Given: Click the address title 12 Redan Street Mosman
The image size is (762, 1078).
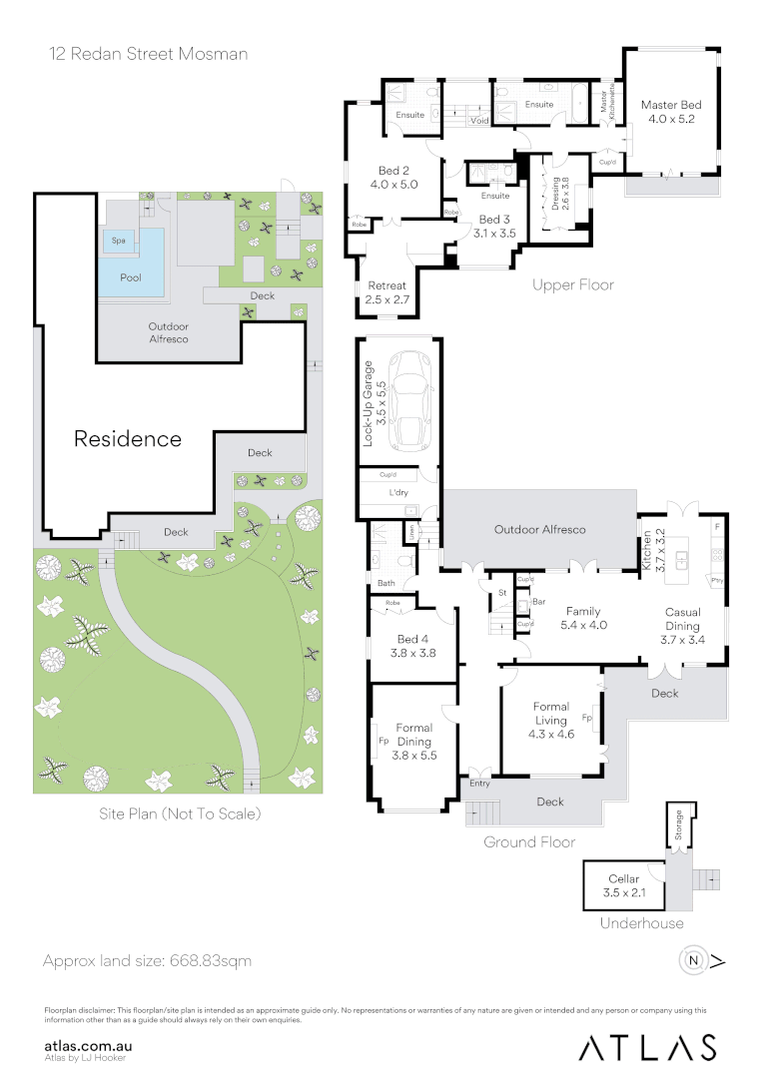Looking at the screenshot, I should (148, 54).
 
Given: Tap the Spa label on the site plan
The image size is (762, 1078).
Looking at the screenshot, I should (118, 241).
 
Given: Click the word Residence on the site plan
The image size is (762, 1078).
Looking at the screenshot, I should (128, 438).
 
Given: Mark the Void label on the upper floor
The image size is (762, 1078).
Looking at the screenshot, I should (479, 121).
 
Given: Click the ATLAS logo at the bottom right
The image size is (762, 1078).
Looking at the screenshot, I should (648, 1047).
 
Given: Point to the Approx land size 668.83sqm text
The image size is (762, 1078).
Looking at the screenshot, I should (147, 961).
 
